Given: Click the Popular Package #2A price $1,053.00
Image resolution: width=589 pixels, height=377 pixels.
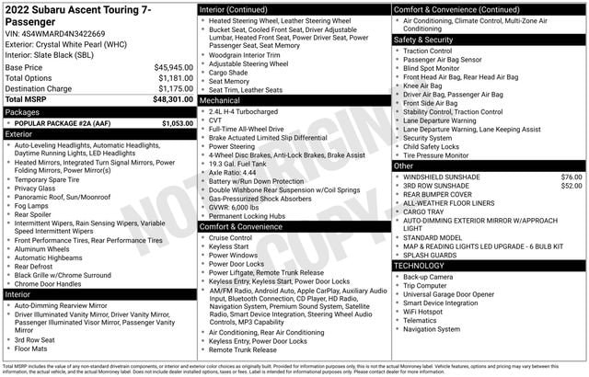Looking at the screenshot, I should click(177, 122).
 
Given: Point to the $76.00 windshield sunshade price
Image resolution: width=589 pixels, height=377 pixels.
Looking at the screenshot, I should click(571, 176).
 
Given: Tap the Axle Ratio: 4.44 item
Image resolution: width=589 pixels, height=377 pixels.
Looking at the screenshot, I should click(232, 172).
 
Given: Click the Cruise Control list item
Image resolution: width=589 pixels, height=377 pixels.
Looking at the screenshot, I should click(230, 237).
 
